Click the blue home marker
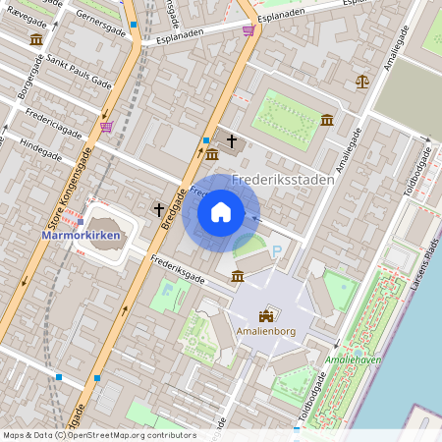pos(221,212)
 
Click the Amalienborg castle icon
pos(265,316)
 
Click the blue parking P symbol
pos(276,252)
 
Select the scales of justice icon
pos(362,81)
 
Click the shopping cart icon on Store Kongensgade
pos(106,126)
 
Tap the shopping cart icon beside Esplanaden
pos(248,29)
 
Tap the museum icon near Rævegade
pos(36,39)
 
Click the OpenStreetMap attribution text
pos(99,435)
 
